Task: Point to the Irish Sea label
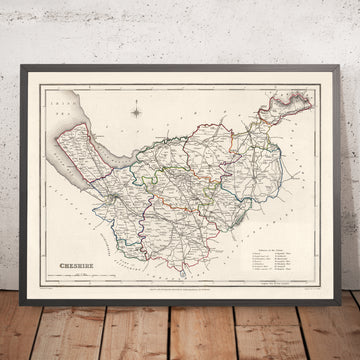click(x=63, y=100)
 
